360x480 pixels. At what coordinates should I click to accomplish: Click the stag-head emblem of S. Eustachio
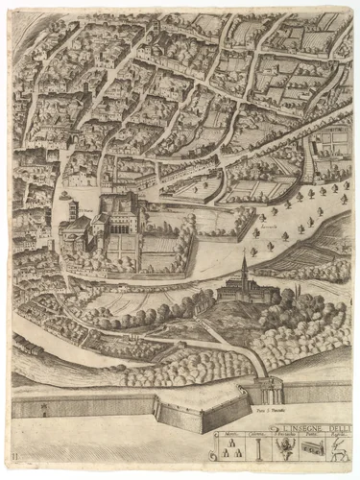(x=285, y=448)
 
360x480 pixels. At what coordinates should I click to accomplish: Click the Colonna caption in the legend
(x=257, y=434)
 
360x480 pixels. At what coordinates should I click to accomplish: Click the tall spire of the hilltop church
(x=244, y=264)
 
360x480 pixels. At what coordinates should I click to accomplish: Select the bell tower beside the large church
(x=69, y=204)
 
